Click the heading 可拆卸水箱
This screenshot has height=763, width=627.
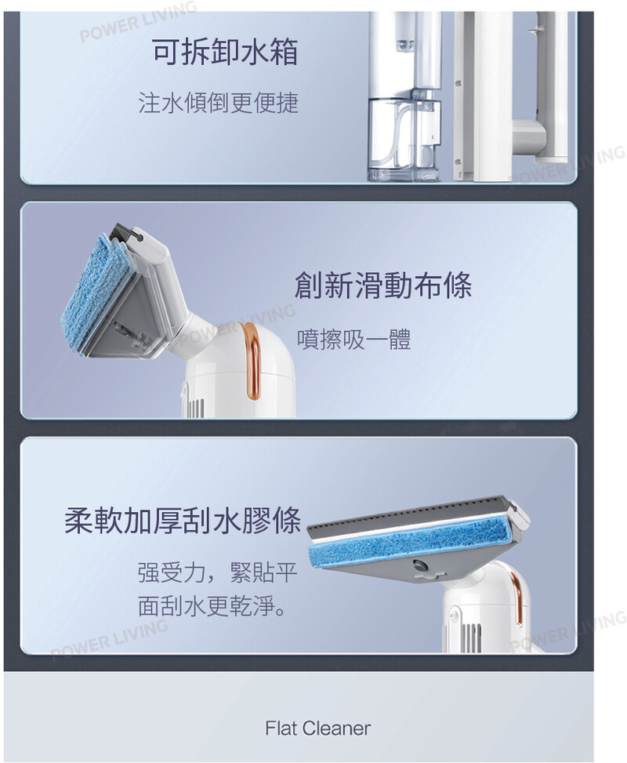click(x=225, y=52)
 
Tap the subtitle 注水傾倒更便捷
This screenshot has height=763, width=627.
click(x=219, y=103)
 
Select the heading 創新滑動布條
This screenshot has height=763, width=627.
click(x=383, y=285)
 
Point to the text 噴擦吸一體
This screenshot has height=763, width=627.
click(x=354, y=340)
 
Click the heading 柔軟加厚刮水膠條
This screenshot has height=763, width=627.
click(x=183, y=521)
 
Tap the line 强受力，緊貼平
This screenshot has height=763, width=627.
click(x=217, y=572)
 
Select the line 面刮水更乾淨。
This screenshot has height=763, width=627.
click(x=212, y=606)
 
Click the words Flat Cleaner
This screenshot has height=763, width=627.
click(x=317, y=728)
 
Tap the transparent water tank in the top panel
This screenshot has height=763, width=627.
click(x=404, y=139)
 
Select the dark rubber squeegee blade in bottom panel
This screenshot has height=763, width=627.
click(x=408, y=515)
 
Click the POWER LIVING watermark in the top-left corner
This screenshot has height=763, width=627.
click(x=138, y=21)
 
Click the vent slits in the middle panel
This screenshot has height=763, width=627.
click(x=195, y=409)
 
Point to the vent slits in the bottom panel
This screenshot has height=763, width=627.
click(x=471, y=638)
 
